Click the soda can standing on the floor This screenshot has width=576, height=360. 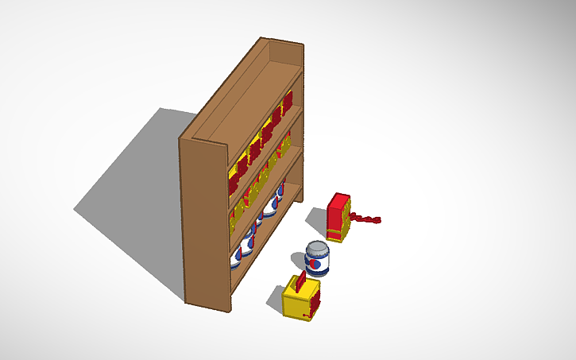click(317, 259)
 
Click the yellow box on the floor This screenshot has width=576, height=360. click(301, 300)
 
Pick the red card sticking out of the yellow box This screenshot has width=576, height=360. click(302, 281)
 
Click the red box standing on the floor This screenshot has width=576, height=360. click(338, 217)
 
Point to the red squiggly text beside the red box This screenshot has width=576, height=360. click(366, 217)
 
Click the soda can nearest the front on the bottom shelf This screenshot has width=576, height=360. click(238, 257)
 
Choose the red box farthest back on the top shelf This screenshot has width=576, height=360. click(287, 102)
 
